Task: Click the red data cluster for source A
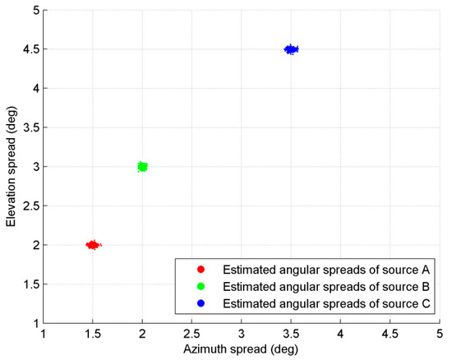coord(93,245)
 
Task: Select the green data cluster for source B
coord(142,167)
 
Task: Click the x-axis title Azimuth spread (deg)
coord(241,351)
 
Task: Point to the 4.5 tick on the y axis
coord(30,49)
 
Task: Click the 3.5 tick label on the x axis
coord(291,335)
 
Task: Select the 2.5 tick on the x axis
coord(191,335)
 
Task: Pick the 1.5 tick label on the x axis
coord(93,335)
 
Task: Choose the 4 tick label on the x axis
coord(340,335)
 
